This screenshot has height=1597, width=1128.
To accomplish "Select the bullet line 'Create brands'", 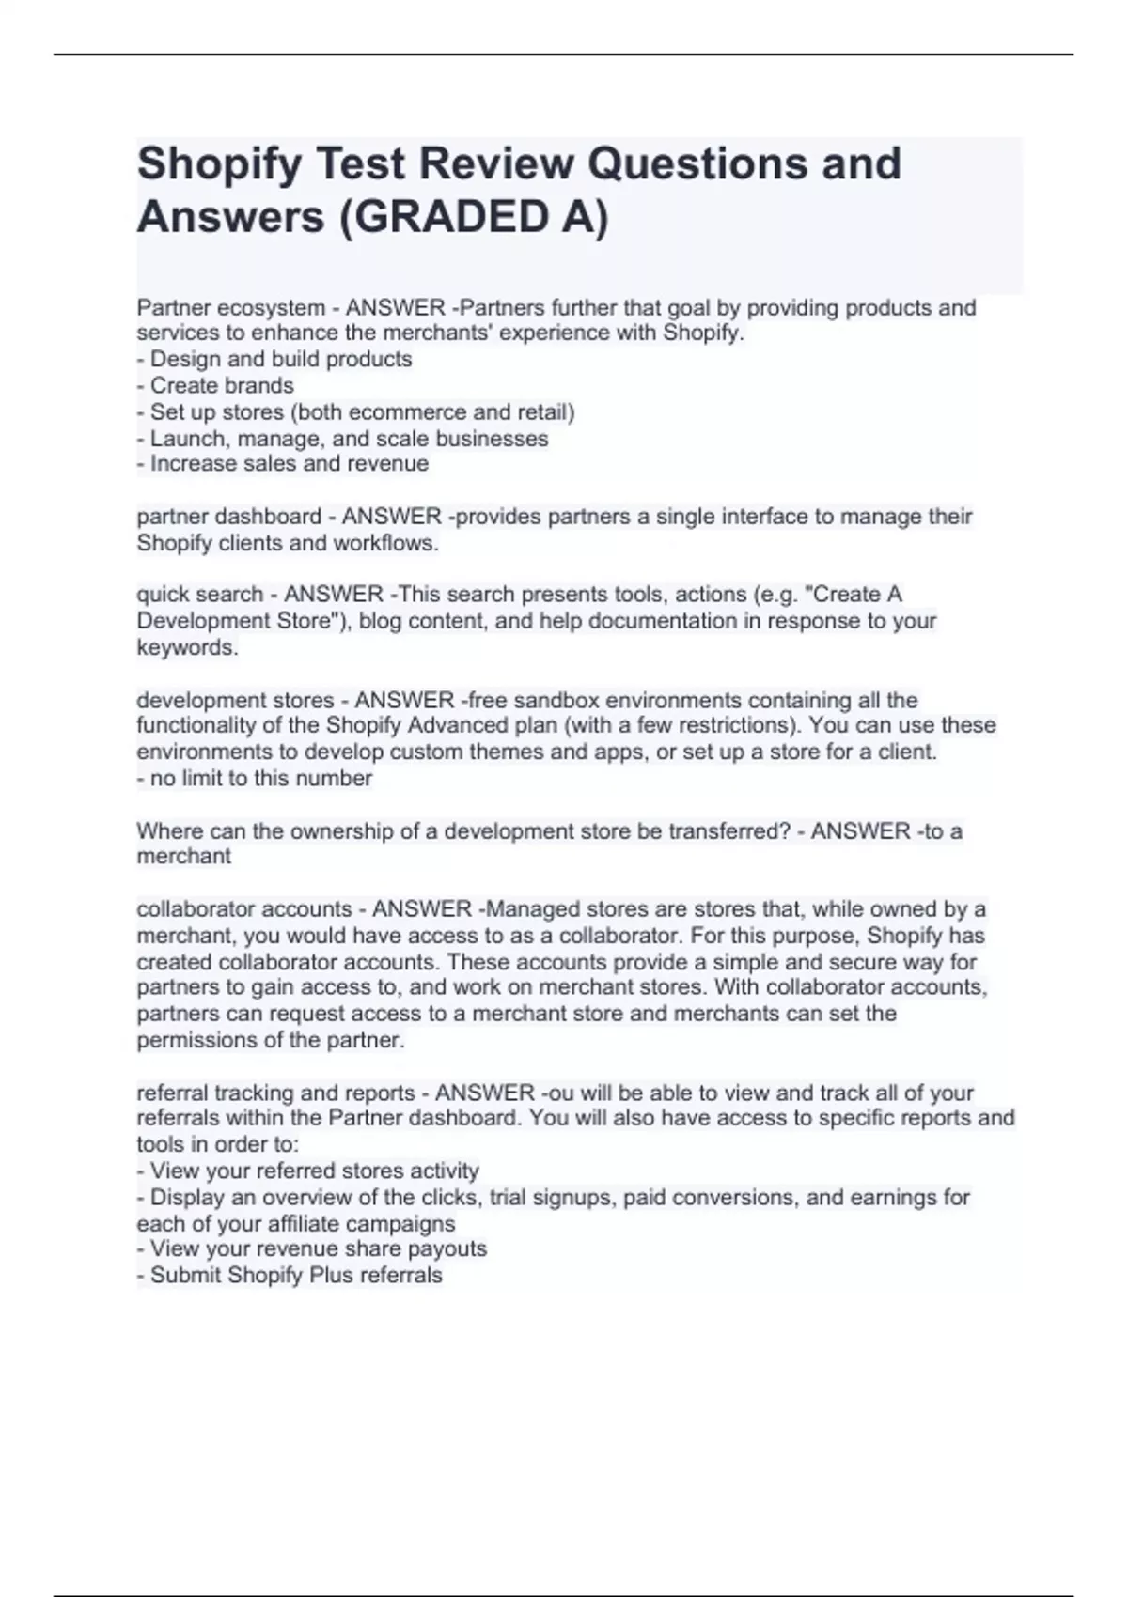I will point(222,386).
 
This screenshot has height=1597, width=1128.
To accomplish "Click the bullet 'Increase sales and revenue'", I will point(289,464).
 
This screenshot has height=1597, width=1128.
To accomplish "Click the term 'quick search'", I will point(199,595).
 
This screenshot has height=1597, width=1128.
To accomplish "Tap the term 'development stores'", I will point(235,701).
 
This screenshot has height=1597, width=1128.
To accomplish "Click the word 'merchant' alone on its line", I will point(183,857).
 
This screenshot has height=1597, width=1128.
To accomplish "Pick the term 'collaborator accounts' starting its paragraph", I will point(243,909).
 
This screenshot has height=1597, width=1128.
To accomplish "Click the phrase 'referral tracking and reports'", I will point(275,1093).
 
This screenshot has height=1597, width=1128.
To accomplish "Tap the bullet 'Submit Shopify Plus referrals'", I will point(295,1276).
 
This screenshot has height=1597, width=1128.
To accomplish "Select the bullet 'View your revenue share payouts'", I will point(318,1248).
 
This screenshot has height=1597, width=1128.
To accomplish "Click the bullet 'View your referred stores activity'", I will point(314,1171).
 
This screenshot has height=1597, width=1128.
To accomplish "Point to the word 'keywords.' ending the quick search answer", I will point(187,648).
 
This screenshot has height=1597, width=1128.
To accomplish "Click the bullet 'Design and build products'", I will point(280,360).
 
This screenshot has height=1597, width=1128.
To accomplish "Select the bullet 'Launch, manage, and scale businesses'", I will point(349,439).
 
